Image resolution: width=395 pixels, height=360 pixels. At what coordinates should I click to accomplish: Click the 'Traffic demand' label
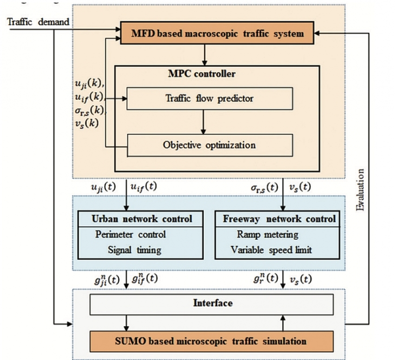39,21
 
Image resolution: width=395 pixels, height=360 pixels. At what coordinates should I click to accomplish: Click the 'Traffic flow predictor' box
210,98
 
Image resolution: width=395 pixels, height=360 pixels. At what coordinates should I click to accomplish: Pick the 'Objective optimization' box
210,145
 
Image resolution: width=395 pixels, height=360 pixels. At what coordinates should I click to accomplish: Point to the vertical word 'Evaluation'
361,191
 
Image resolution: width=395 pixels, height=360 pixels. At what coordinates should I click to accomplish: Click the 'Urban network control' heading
142,219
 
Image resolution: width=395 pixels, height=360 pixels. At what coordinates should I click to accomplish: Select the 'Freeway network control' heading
279,219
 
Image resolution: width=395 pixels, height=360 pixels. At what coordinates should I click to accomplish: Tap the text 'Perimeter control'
131,234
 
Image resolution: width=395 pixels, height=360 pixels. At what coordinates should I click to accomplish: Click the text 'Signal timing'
134,250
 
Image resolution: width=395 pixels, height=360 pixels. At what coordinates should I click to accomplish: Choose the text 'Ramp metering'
268,234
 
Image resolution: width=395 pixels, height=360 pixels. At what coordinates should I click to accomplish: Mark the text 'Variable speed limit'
271,250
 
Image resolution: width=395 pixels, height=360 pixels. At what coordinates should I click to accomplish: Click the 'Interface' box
212,303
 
